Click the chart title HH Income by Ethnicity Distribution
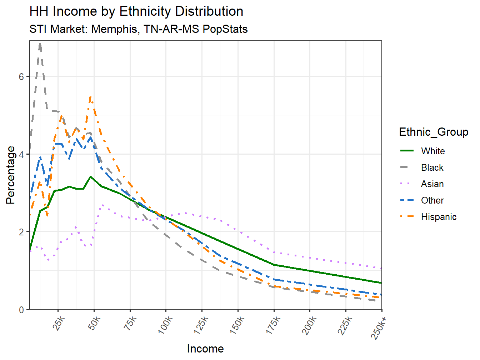coord(136,11)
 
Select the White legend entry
coord(433,151)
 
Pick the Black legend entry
coord(432,167)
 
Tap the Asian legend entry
coord(432,184)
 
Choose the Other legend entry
coord(432,200)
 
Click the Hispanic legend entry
coord(439,217)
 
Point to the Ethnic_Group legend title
coord(434,132)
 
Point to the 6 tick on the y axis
coord(22,77)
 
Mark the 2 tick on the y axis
coord(22,232)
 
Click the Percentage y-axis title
coord(11,175)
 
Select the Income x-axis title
coord(205,349)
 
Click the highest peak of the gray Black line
coord(40,44)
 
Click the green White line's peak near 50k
coord(91,176)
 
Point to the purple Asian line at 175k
coord(274,252)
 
